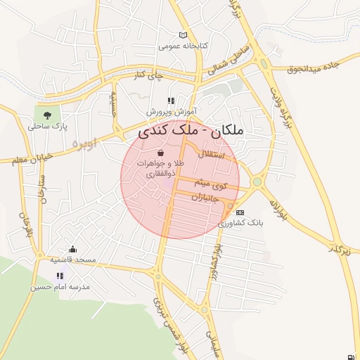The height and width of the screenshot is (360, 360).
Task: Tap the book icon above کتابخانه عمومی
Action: coord(184,35)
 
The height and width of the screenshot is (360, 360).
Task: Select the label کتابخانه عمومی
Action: coord(184,46)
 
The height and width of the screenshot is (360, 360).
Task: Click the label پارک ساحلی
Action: coord(46,127)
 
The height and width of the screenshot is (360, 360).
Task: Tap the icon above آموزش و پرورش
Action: coord(171,101)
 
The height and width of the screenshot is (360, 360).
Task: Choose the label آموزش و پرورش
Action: coord(171,112)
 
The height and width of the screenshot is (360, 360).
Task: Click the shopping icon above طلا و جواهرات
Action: coord(161,153)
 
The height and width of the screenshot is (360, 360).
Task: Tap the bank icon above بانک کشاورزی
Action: coord(240,212)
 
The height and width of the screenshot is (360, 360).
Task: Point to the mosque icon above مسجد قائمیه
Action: coord(72,249)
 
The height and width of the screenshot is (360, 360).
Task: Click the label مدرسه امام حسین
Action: coord(60,287)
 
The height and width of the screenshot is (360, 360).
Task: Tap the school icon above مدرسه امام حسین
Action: coord(60,276)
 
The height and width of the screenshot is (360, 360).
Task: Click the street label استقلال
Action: coord(212,154)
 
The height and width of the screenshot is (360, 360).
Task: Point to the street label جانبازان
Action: coord(205,198)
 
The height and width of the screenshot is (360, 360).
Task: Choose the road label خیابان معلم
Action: coord(32,160)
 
